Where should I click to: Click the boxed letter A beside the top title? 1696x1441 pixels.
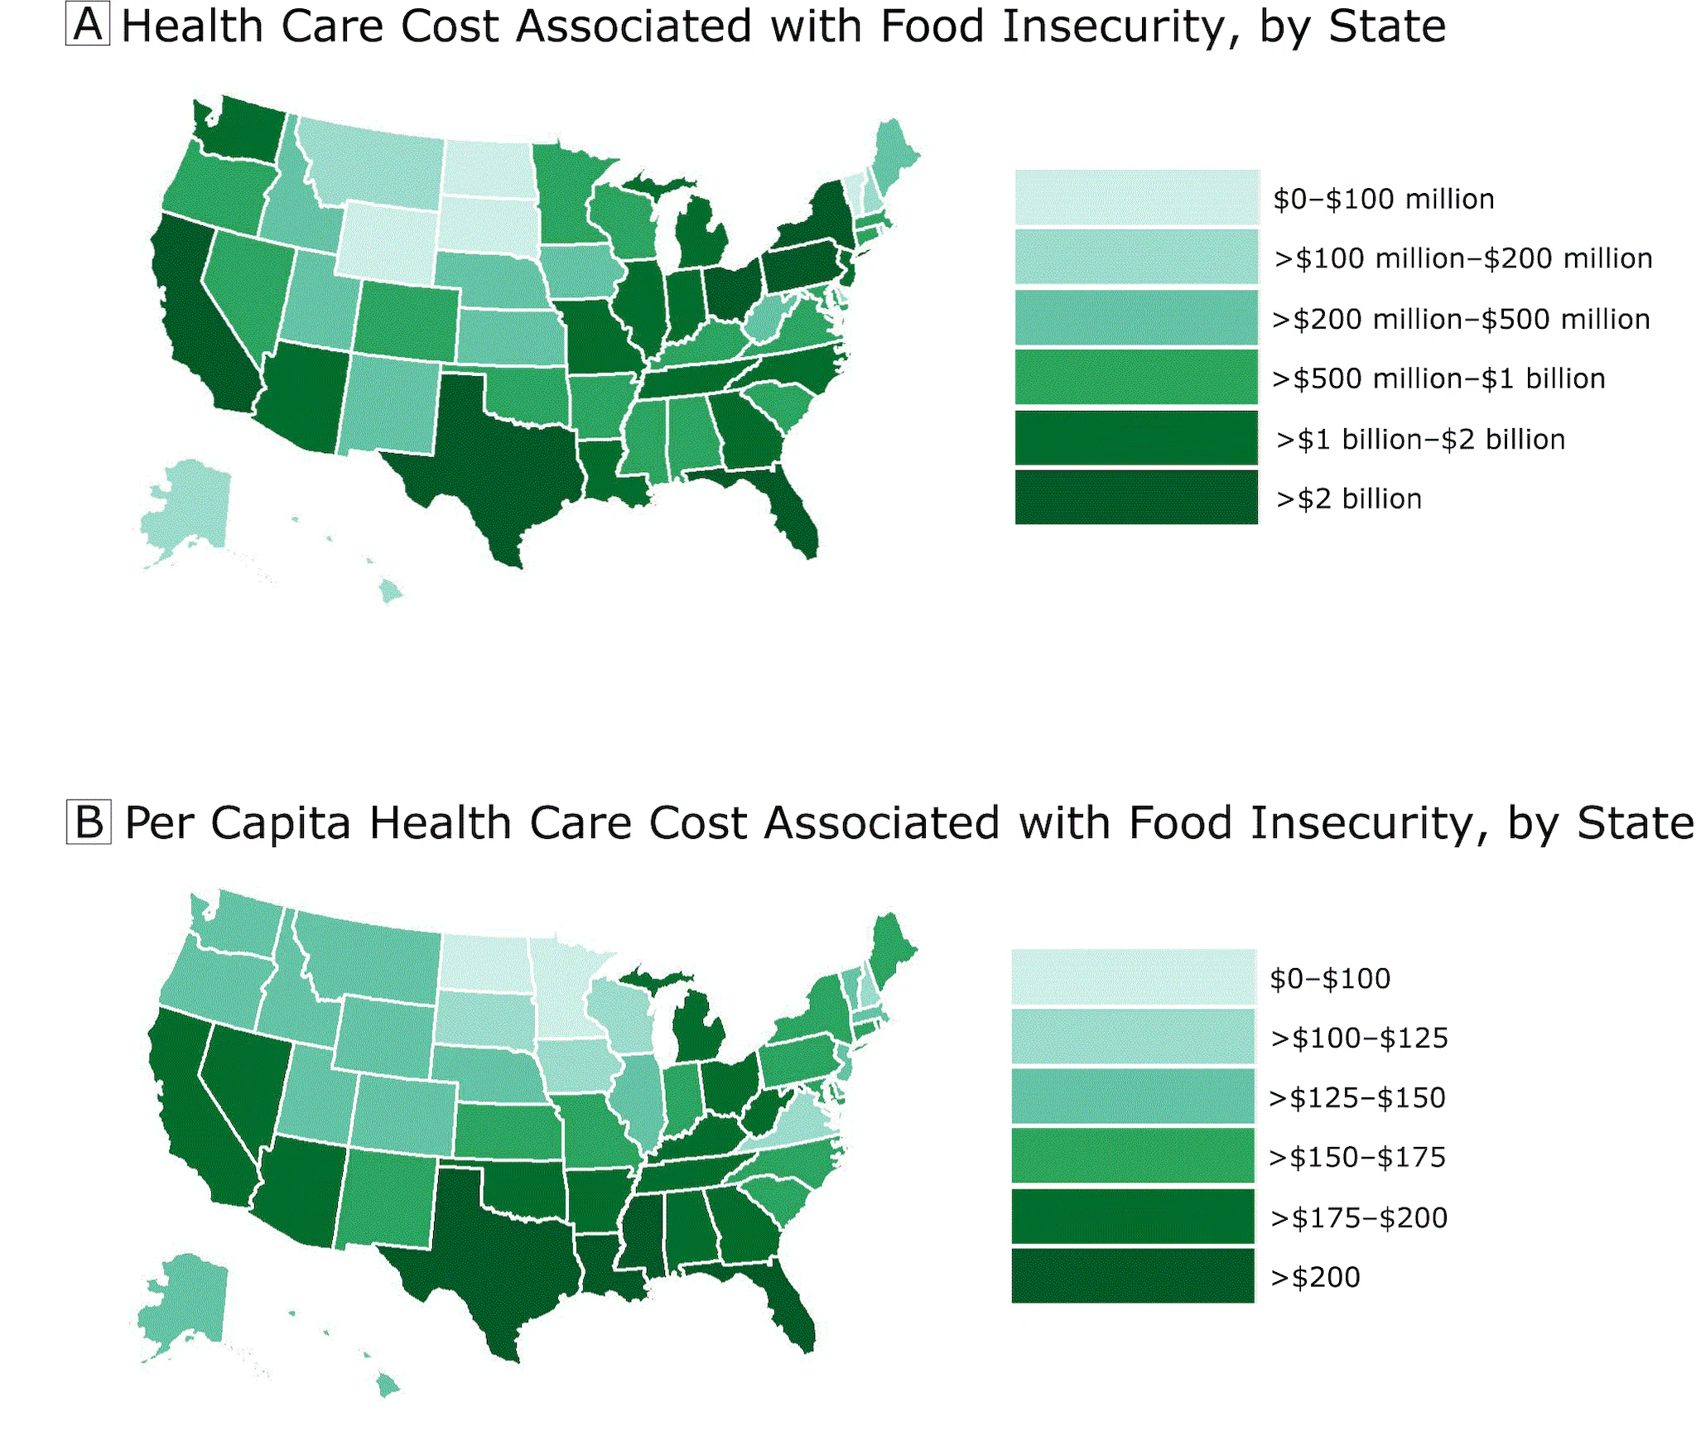[x=88, y=25]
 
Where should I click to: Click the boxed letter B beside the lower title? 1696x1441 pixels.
[x=89, y=822]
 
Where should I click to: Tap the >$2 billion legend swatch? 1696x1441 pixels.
[x=1135, y=498]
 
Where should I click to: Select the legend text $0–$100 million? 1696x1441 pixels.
[x=1383, y=199]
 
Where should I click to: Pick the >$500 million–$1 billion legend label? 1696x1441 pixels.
[x=1438, y=378]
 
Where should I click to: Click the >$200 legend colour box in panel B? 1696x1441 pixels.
[x=1132, y=1276]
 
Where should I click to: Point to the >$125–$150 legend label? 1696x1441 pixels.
[x=1357, y=1097]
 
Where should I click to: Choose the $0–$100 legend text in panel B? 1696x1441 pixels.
[x=1330, y=978]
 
